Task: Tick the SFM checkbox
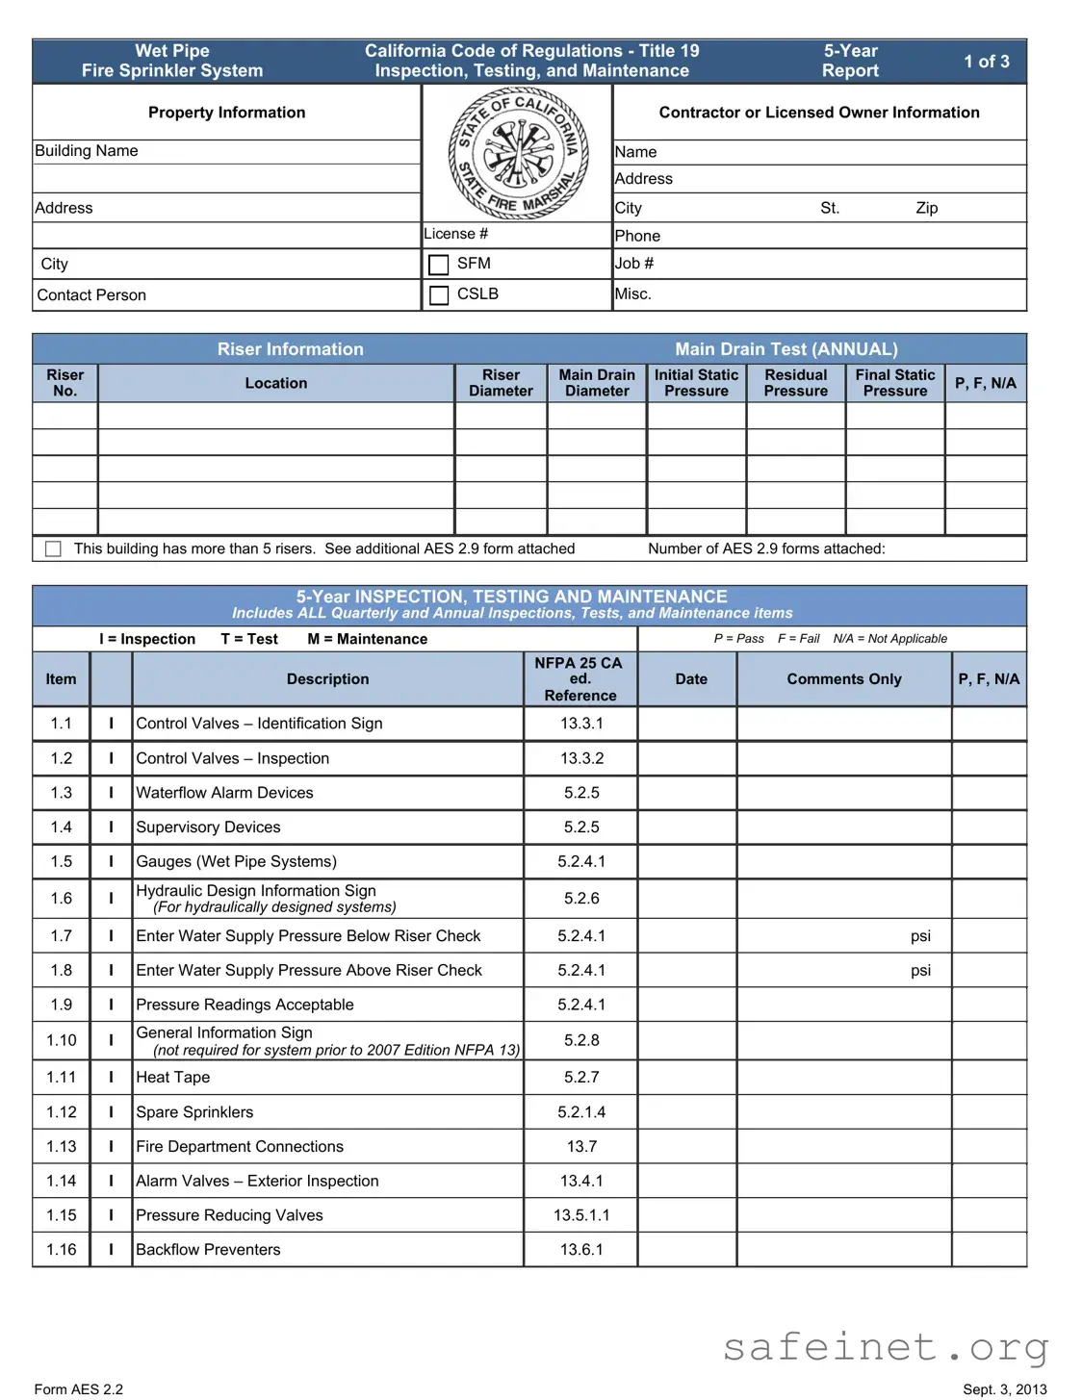[x=439, y=265]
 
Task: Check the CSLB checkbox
[x=439, y=295]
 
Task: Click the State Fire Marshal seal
[x=518, y=154]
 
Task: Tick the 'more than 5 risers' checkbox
[x=54, y=548]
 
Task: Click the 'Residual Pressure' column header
[x=795, y=383]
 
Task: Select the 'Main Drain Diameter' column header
[x=597, y=383]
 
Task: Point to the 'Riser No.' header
[x=65, y=383]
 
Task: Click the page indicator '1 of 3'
[x=987, y=62]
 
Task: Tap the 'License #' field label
[x=456, y=234]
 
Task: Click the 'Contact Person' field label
[x=91, y=295]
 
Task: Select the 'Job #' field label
[x=634, y=264]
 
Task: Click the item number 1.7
[x=62, y=936]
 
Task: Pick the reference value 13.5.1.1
[x=581, y=1215]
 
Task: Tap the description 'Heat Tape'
[x=173, y=1078]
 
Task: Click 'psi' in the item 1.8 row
[x=920, y=971]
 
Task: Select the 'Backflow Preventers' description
[x=208, y=1250]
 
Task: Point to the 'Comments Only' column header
[x=844, y=679]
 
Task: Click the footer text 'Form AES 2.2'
[x=79, y=1389]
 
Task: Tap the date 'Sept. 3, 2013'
[x=1004, y=1389]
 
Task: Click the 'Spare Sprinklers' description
[x=194, y=1112]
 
